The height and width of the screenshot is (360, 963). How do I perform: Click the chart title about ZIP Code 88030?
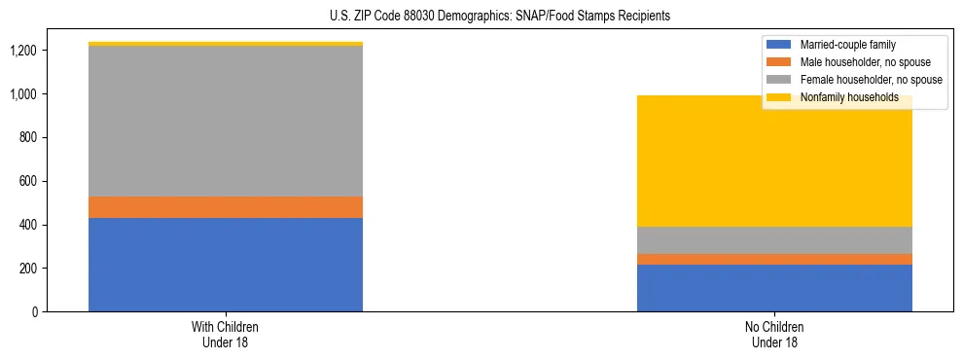(481, 17)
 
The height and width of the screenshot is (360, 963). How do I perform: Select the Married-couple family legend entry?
(847, 45)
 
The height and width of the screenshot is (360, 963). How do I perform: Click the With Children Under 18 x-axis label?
(226, 335)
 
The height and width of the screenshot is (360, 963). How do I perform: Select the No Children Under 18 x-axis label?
(774, 335)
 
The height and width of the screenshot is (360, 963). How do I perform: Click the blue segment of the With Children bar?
(226, 265)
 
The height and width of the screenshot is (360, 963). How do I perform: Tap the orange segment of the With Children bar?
(226, 207)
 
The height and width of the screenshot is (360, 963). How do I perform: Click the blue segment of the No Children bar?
(774, 288)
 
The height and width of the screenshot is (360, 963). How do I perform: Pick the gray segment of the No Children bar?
(774, 240)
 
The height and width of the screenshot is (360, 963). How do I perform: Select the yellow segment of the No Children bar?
(774, 161)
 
